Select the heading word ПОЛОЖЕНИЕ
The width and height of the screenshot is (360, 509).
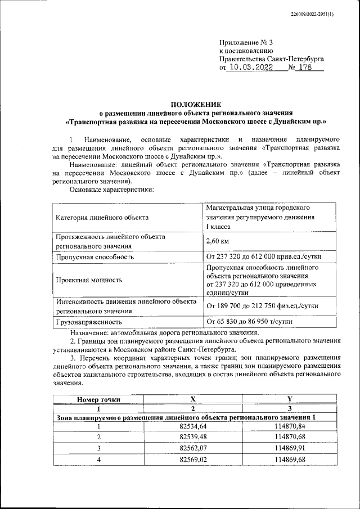point(196,104)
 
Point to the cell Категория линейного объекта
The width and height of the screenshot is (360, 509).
point(102,217)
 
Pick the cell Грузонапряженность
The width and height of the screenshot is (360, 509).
point(89,322)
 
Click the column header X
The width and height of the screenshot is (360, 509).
point(192,399)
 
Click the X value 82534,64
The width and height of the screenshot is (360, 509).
point(192,428)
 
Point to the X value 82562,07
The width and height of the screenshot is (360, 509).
point(192,449)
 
